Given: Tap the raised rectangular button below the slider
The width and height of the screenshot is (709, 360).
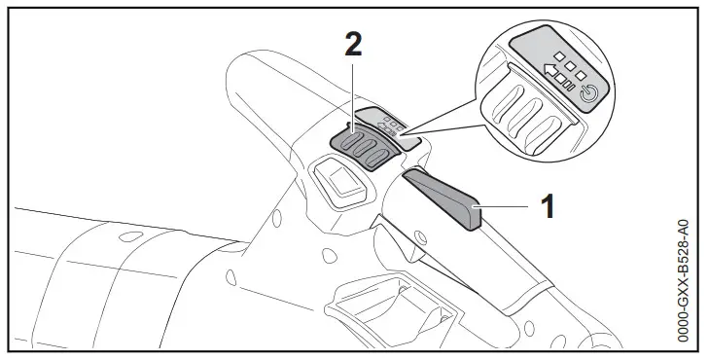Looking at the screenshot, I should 339,181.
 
